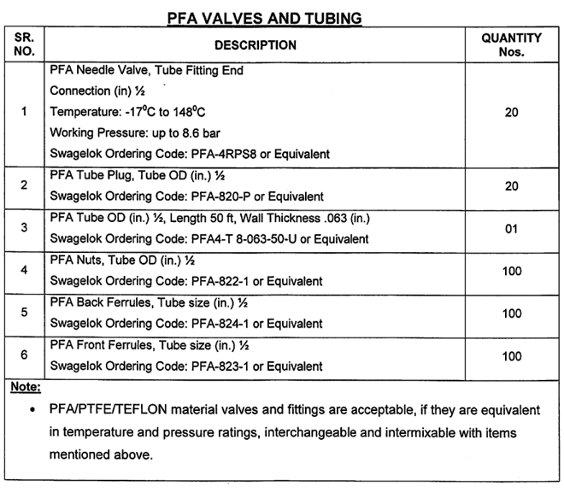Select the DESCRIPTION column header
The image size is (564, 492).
[x=255, y=44]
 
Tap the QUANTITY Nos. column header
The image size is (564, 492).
[x=511, y=44]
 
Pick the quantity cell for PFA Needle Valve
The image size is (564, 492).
[x=511, y=112]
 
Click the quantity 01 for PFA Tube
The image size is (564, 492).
[x=511, y=230]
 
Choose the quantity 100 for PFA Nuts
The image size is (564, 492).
[x=511, y=272]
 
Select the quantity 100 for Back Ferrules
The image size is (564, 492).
[x=511, y=313]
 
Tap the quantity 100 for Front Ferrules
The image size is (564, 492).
[x=511, y=355]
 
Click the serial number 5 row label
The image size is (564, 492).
[x=24, y=313]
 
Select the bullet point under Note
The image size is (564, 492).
[x=32, y=411]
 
